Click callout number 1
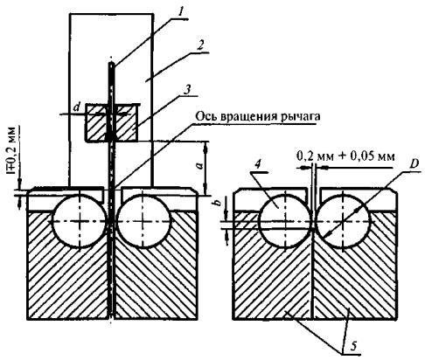tap(180, 12)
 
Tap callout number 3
tap(188, 89)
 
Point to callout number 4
tap(257, 165)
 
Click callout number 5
tap(353, 346)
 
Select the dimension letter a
tap(200, 166)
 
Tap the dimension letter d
tap(77, 107)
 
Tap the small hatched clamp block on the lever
tap(111, 122)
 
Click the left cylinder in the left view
tap(80, 221)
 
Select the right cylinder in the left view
tap(143, 221)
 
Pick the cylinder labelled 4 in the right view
tap(285, 221)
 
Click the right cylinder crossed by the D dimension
tap(343, 221)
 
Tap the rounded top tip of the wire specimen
tap(112, 63)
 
